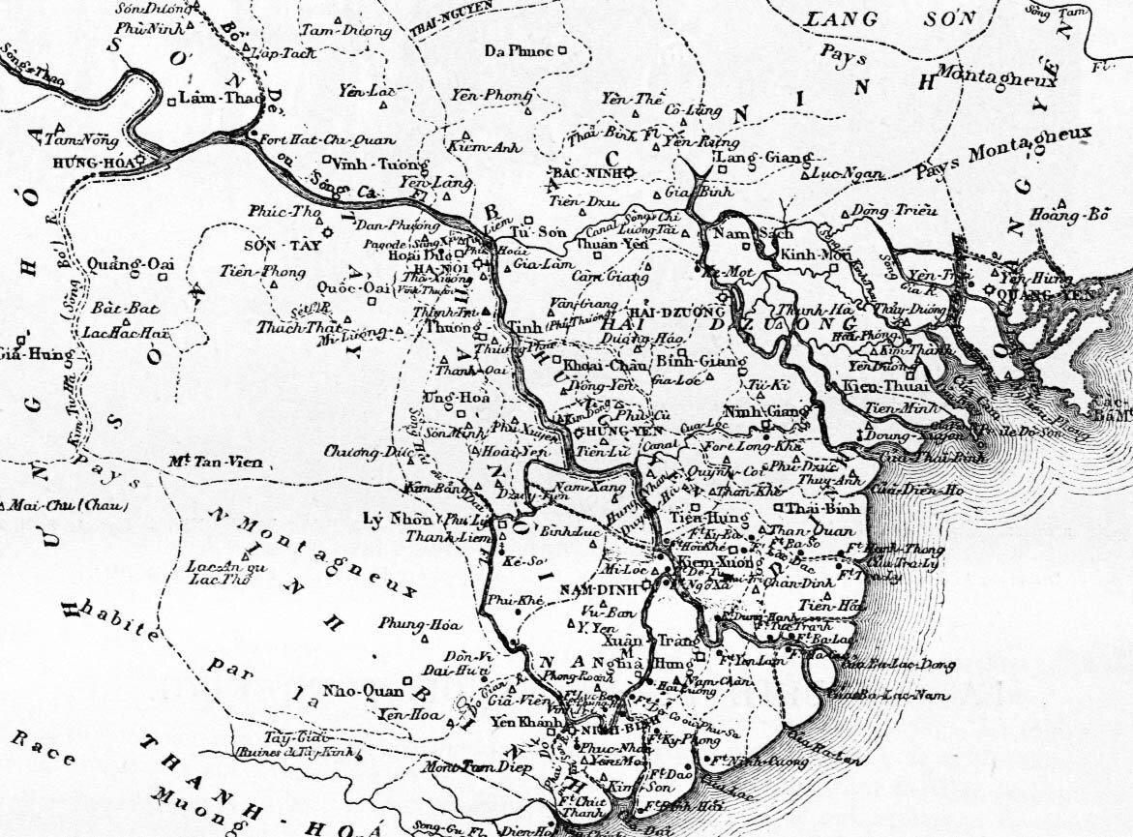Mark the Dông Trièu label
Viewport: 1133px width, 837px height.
point(884,211)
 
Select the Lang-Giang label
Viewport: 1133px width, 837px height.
point(749,157)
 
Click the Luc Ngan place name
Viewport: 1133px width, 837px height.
point(852,174)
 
